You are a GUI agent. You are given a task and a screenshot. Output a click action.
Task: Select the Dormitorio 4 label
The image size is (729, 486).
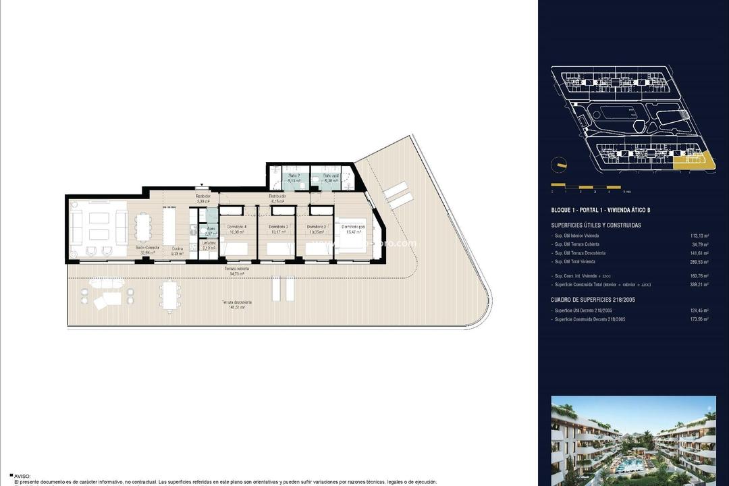click(x=237, y=226)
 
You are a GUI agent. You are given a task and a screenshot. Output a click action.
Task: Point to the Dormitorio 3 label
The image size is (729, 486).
click(x=278, y=226)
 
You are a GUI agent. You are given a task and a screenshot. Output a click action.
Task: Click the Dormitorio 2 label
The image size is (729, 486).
click(x=317, y=226)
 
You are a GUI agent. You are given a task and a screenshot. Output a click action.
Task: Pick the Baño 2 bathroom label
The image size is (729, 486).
click(x=294, y=175)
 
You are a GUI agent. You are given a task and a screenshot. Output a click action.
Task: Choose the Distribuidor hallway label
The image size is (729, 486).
click(x=279, y=196)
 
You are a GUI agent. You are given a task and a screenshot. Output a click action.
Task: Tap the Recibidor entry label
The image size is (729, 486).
click(x=203, y=196)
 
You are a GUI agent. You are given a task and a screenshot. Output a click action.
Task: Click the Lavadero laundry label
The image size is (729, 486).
click(x=209, y=243)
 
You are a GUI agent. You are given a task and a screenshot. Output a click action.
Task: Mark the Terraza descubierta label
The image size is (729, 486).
click(x=240, y=302)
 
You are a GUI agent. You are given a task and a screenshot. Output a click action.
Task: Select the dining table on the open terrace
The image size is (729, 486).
click(x=170, y=294)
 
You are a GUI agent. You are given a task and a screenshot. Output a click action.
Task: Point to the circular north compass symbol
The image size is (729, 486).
click(x=559, y=165)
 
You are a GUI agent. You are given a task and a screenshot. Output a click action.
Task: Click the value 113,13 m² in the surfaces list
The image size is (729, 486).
click(x=696, y=235)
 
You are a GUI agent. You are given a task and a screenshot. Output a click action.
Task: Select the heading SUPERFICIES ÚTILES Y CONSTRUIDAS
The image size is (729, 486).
click(x=596, y=225)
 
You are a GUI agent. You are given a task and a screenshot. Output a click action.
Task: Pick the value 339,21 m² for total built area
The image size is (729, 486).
click(x=696, y=284)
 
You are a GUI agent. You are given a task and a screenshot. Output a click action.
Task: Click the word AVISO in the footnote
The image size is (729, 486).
click(x=22, y=476)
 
